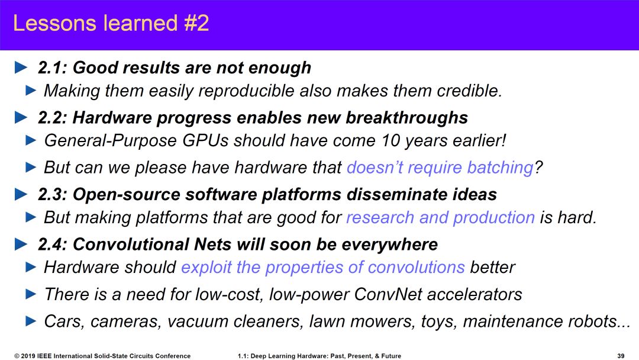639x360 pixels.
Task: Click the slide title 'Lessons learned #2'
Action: tap(111, 23)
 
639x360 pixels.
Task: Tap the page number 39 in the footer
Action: tap(621, 356)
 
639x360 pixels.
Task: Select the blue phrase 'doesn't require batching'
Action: tap(440, 167)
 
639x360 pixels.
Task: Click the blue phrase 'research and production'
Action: tap(440, 217)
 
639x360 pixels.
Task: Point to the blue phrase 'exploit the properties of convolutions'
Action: tap(323, 268)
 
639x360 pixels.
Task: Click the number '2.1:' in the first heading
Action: tap(53, 67)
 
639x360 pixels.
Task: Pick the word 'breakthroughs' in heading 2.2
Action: tap(406, 117)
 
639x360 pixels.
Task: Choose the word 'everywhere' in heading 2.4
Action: tap(389, 245)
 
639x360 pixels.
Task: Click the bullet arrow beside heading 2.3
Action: tap(21, 194)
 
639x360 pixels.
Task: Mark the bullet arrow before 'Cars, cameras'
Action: tap(31, 322)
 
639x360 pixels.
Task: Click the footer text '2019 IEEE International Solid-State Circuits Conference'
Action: tap(105, 356)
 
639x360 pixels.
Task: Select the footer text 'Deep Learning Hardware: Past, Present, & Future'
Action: tap(325, 356)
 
